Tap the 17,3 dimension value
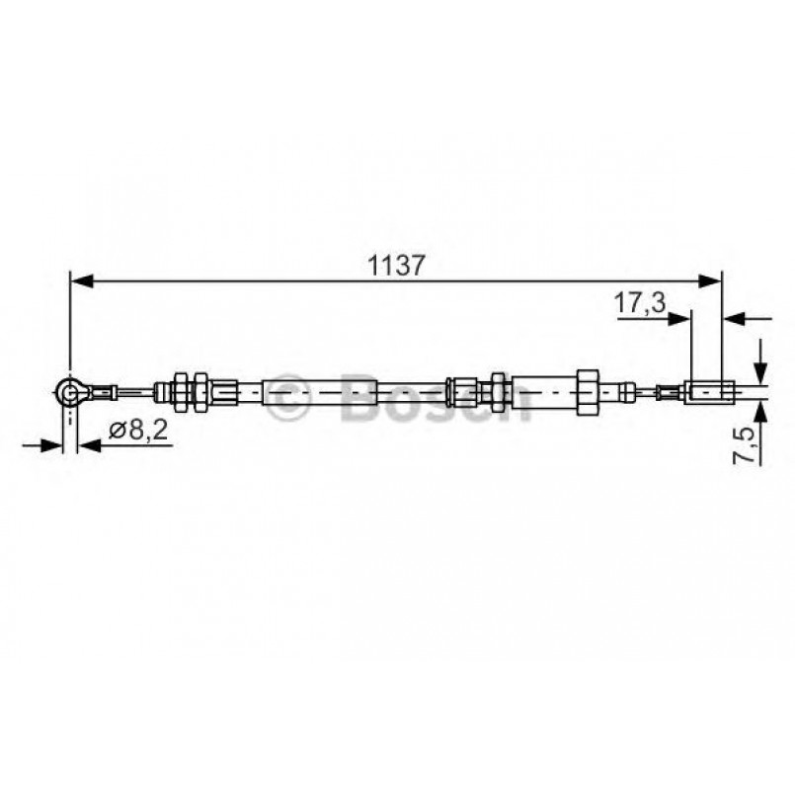[639, 303]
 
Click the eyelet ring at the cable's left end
[68, 393]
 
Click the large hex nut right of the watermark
[585, 392]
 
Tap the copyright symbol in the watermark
[291, 397]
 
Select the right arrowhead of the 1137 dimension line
[711, 281]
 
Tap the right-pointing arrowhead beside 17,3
[680, 318]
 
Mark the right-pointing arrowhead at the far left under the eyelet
[51, 445]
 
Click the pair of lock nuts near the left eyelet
[188, 392]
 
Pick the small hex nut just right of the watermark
[498, 392]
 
